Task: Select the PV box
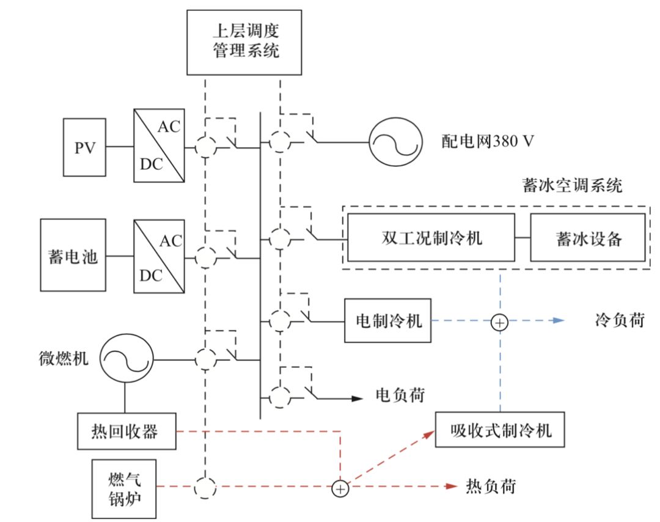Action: tap(85, 147)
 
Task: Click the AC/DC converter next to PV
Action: tap(159, 147)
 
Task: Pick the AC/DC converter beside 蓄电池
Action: tap(159, 255)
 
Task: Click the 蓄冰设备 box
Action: tap(587, 237)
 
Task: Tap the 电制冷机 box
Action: tap(388, 320)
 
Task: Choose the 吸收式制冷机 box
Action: tap(500, 430)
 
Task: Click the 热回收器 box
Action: tap(127, 431)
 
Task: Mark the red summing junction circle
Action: tap(340, 488)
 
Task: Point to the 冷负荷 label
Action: tap(618, 320)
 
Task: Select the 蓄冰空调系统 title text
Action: tap(573, 185)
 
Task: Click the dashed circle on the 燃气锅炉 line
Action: tap(206, 487)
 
